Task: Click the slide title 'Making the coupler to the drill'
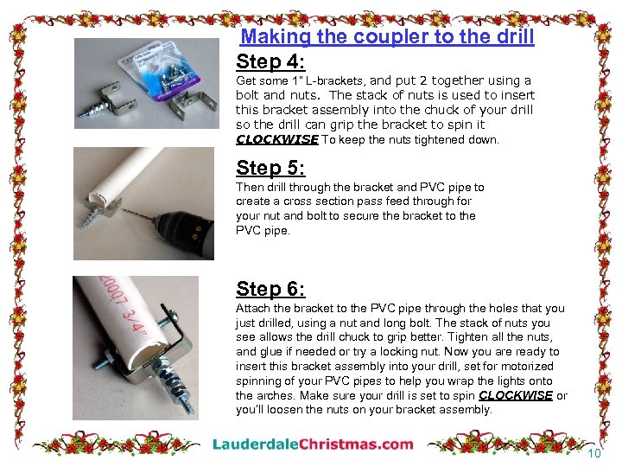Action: coord(387,37)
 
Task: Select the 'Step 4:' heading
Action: coord(270,61)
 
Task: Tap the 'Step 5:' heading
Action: coord(270,168)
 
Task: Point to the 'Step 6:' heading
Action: coord(270,289)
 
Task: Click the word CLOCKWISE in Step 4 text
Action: coord(276,139)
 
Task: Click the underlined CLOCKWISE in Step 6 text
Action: coord(515,395)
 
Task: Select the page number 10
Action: coord(593,454)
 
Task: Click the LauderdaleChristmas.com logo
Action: coord(313,445)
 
